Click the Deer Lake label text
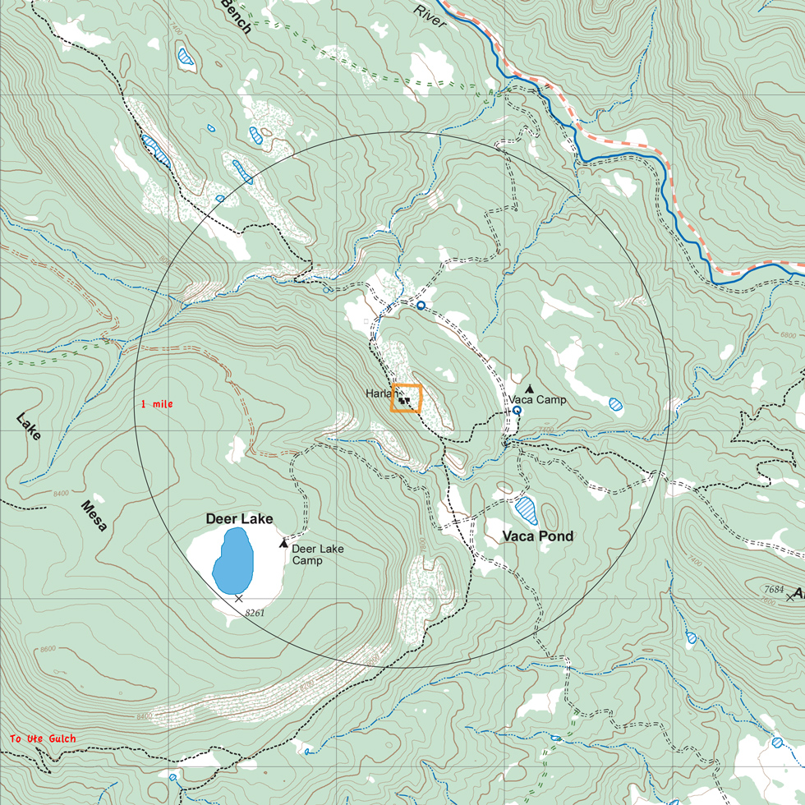click(239, 519)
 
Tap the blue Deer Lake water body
click(233, 559)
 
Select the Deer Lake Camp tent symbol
click(284, 543)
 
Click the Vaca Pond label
click(538, 536)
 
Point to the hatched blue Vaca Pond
click(526, 509)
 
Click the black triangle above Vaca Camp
click(529, 389)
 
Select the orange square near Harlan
click(407, 398)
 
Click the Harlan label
click(379, 393)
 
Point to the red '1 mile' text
click(157, 404)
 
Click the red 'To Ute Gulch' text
click(43, 739)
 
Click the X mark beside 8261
click(239, 599)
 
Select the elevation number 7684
click(774, 589)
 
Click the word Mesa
click(94, 515)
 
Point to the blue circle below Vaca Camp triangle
click(517, 410)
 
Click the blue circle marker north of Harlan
click(421, 306)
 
